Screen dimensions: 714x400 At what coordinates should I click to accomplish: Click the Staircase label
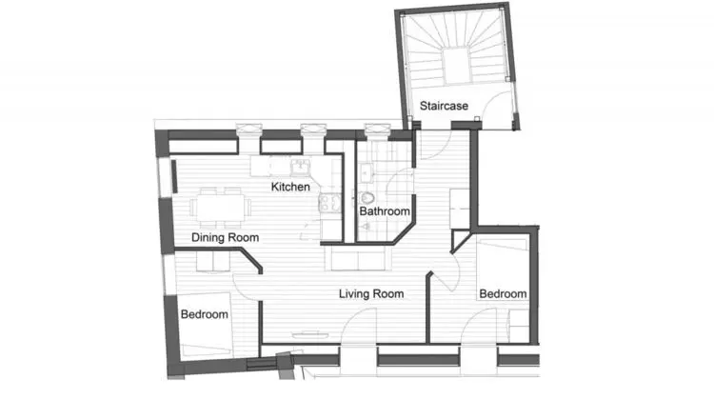(444, 106)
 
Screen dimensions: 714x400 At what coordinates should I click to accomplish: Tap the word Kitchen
(290, 187)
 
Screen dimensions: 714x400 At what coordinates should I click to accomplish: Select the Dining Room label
(225, 237)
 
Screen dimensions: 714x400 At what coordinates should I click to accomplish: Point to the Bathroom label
(385, 210)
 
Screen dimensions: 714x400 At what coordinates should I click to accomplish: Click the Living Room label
(371, 294)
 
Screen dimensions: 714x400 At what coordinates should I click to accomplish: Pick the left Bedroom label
(204, 314)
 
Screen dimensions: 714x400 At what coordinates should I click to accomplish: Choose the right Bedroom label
(503, 294)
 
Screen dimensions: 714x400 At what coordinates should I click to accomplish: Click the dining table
(221, 208)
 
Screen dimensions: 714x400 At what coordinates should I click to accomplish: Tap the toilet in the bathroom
(367, 198)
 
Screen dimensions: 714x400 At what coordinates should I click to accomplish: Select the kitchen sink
(300, 167)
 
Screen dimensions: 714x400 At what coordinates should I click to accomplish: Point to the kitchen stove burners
(330, 203)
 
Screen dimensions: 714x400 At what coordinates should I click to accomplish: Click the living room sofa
(358, 258)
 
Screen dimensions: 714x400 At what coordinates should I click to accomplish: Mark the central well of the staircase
(457, 66)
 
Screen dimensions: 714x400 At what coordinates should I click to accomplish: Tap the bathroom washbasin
(366, 173)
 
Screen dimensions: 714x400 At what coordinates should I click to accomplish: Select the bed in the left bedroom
(205, 325)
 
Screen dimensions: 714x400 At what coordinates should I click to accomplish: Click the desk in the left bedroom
(213, 263)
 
